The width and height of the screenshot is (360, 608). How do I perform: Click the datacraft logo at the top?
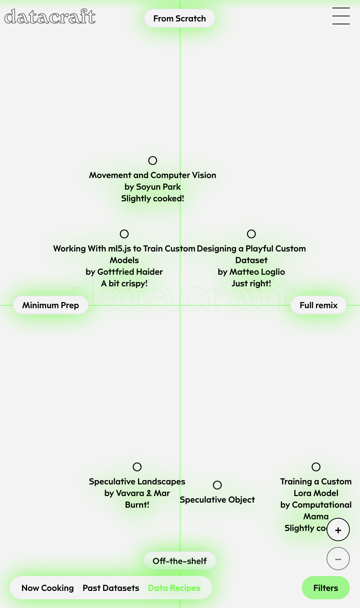click(50, 17)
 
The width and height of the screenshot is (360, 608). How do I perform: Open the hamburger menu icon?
click(341, 16)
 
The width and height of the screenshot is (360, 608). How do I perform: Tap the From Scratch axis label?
click(179, 19)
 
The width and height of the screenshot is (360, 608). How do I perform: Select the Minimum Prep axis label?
click(50, 305)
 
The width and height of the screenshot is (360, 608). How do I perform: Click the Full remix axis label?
click(318, 305)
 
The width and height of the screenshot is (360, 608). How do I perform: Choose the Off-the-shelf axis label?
click(179, 561)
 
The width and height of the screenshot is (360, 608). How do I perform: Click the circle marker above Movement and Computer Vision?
click(153, 161)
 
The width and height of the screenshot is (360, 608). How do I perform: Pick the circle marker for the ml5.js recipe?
click(124, 234)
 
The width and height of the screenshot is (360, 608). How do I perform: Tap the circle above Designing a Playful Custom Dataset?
click(251, 234)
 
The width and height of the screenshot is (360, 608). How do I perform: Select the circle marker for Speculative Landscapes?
click(137, 467)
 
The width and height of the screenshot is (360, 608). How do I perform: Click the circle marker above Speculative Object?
click(217, 485)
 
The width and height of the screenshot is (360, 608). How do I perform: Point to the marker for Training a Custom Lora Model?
click(316, 467)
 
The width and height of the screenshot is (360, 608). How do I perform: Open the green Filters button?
click(325, 588)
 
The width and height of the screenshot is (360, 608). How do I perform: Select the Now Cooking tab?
click(48, 588)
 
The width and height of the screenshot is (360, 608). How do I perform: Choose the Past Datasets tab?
click(111, 588)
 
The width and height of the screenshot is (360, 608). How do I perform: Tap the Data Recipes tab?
click(174, 588)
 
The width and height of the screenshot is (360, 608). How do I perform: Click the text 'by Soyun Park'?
click(153, 187)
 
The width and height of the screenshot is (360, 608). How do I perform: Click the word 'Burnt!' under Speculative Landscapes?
click(137, 505)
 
